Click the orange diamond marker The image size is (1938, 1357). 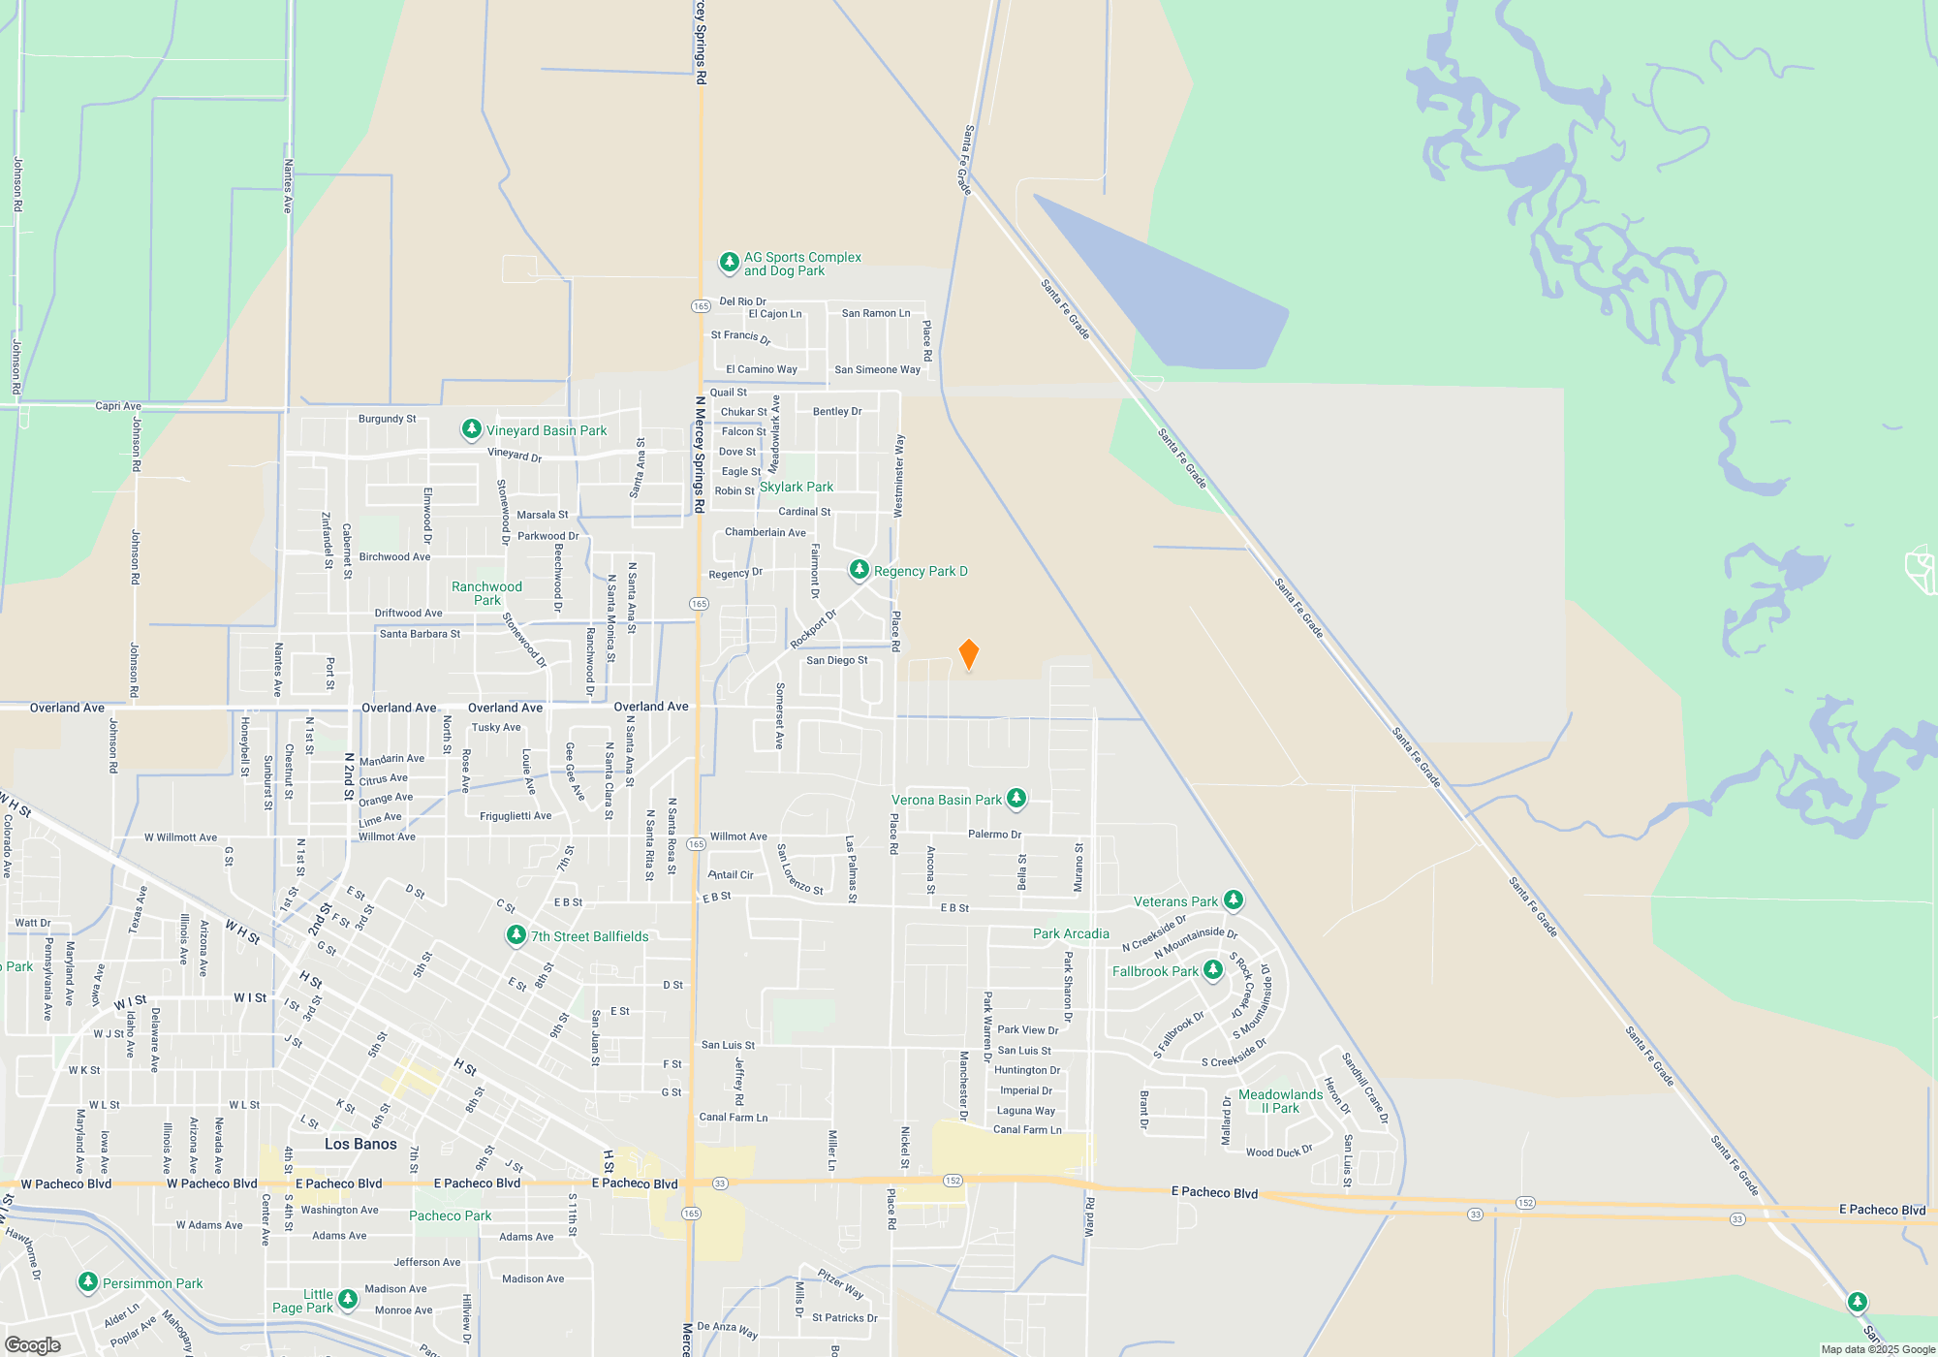[x=968, y=654]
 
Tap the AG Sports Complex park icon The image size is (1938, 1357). [x=729, y=263]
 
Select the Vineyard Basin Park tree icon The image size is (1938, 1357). [x=471, y=429]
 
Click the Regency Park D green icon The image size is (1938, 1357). [x=859, y=570]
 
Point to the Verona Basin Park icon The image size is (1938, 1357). [x=1016, y=799]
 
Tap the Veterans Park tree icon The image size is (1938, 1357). [x=1233, y=900]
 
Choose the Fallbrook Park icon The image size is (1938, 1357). [x=1212, y=970]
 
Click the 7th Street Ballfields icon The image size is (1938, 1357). [x=516, y=935]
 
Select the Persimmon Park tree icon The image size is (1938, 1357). [x=87, y=1282]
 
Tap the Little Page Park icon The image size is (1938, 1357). [x=347, y=1300]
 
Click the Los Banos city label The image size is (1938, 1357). [x=360, y=1144]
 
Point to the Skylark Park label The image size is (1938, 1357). [x=796, y=487]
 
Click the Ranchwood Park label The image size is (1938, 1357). [x=486, y=593]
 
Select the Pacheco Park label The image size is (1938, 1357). [x=450, y=1215]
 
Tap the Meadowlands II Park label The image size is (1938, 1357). [x=1280, y=1101]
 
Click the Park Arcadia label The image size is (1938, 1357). [x=1071, y=933]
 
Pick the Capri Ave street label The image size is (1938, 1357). [x=118, y=406]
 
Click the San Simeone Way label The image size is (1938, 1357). [x=877, y=369]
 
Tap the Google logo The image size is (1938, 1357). [x=33, y=1345]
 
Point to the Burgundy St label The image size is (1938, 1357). [x=387, y=419]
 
